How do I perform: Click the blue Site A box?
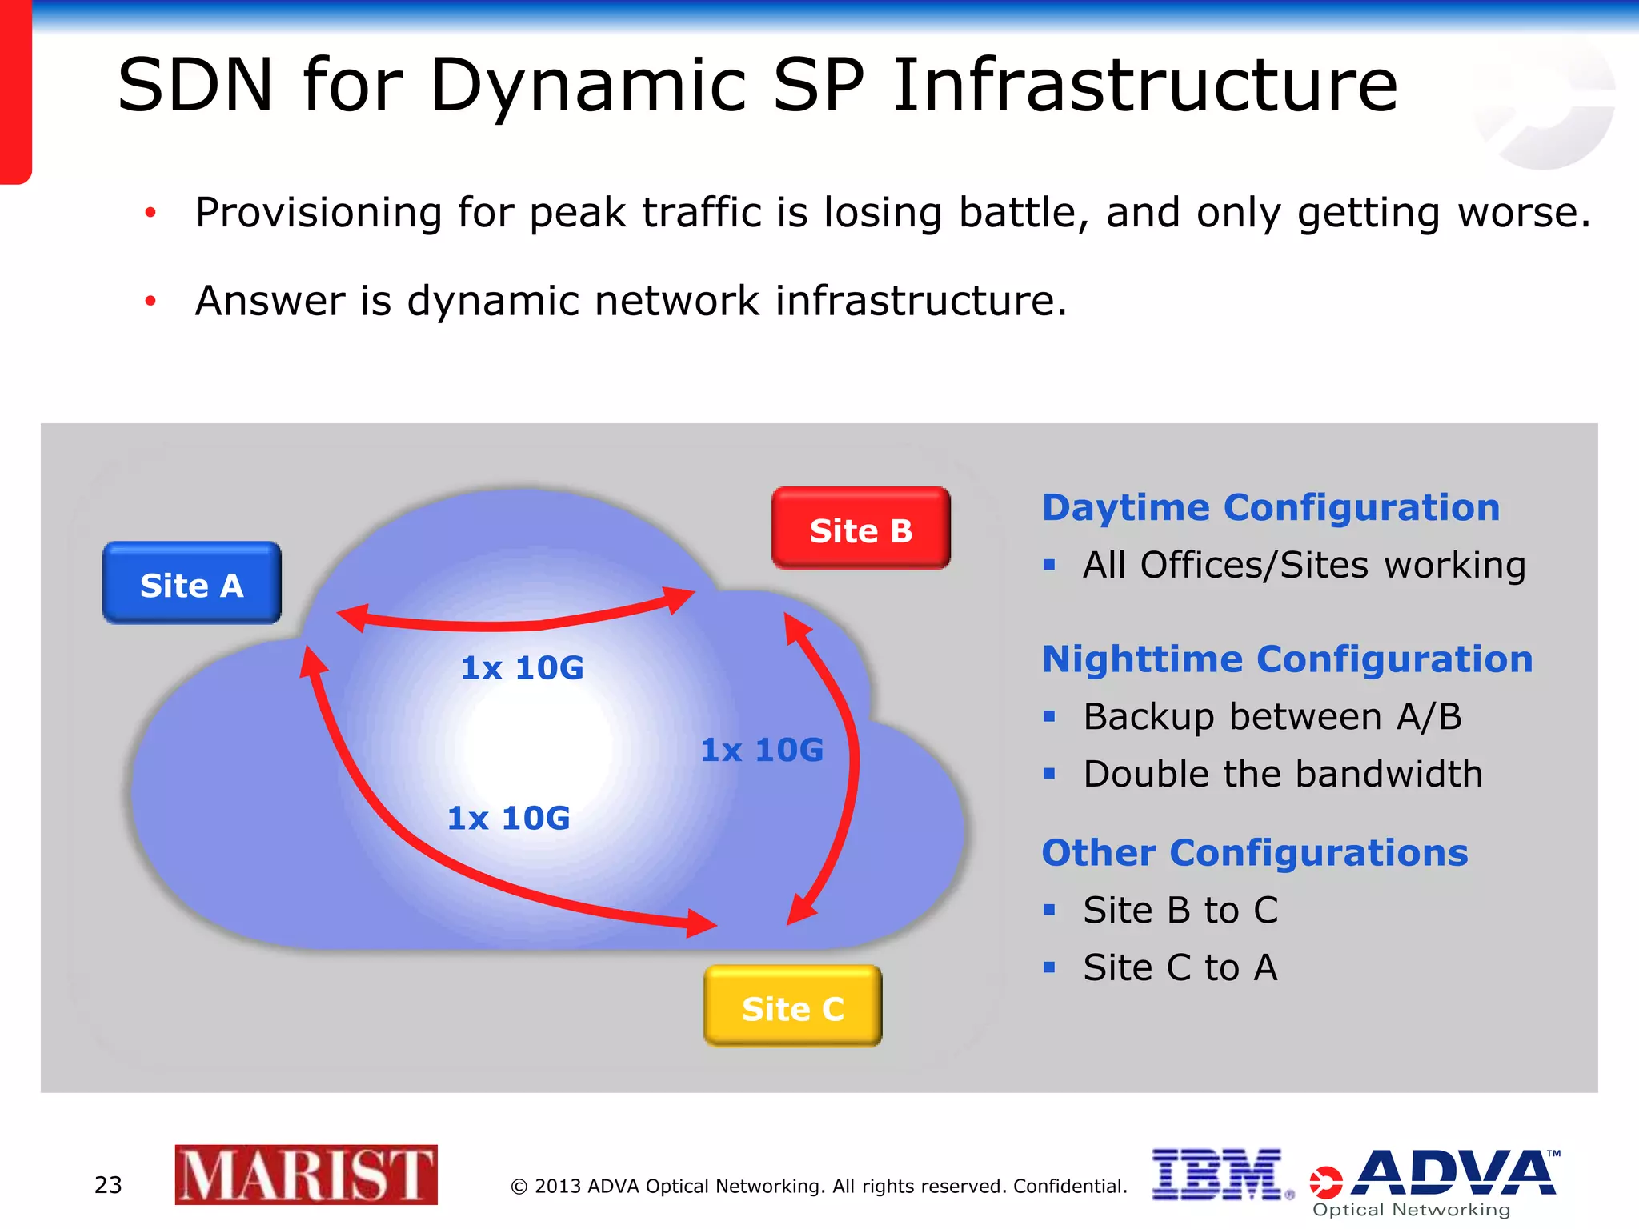191,583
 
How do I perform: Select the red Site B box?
860,529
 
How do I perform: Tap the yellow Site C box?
792,1007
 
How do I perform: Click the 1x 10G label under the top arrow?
522,668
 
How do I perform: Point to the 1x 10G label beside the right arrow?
762,751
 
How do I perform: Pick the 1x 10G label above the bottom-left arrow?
508,819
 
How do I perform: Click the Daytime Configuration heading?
1270,508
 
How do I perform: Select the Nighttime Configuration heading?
1287,660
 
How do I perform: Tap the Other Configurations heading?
1254,853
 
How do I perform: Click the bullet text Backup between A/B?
1272,717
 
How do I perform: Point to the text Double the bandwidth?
1282,775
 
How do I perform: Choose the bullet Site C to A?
1180,968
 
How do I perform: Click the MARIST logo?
306,1175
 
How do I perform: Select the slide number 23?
108,1185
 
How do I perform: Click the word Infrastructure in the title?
1144,86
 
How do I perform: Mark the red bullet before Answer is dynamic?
150,301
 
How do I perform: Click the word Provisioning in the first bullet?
318,214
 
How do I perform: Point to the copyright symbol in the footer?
519,1187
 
